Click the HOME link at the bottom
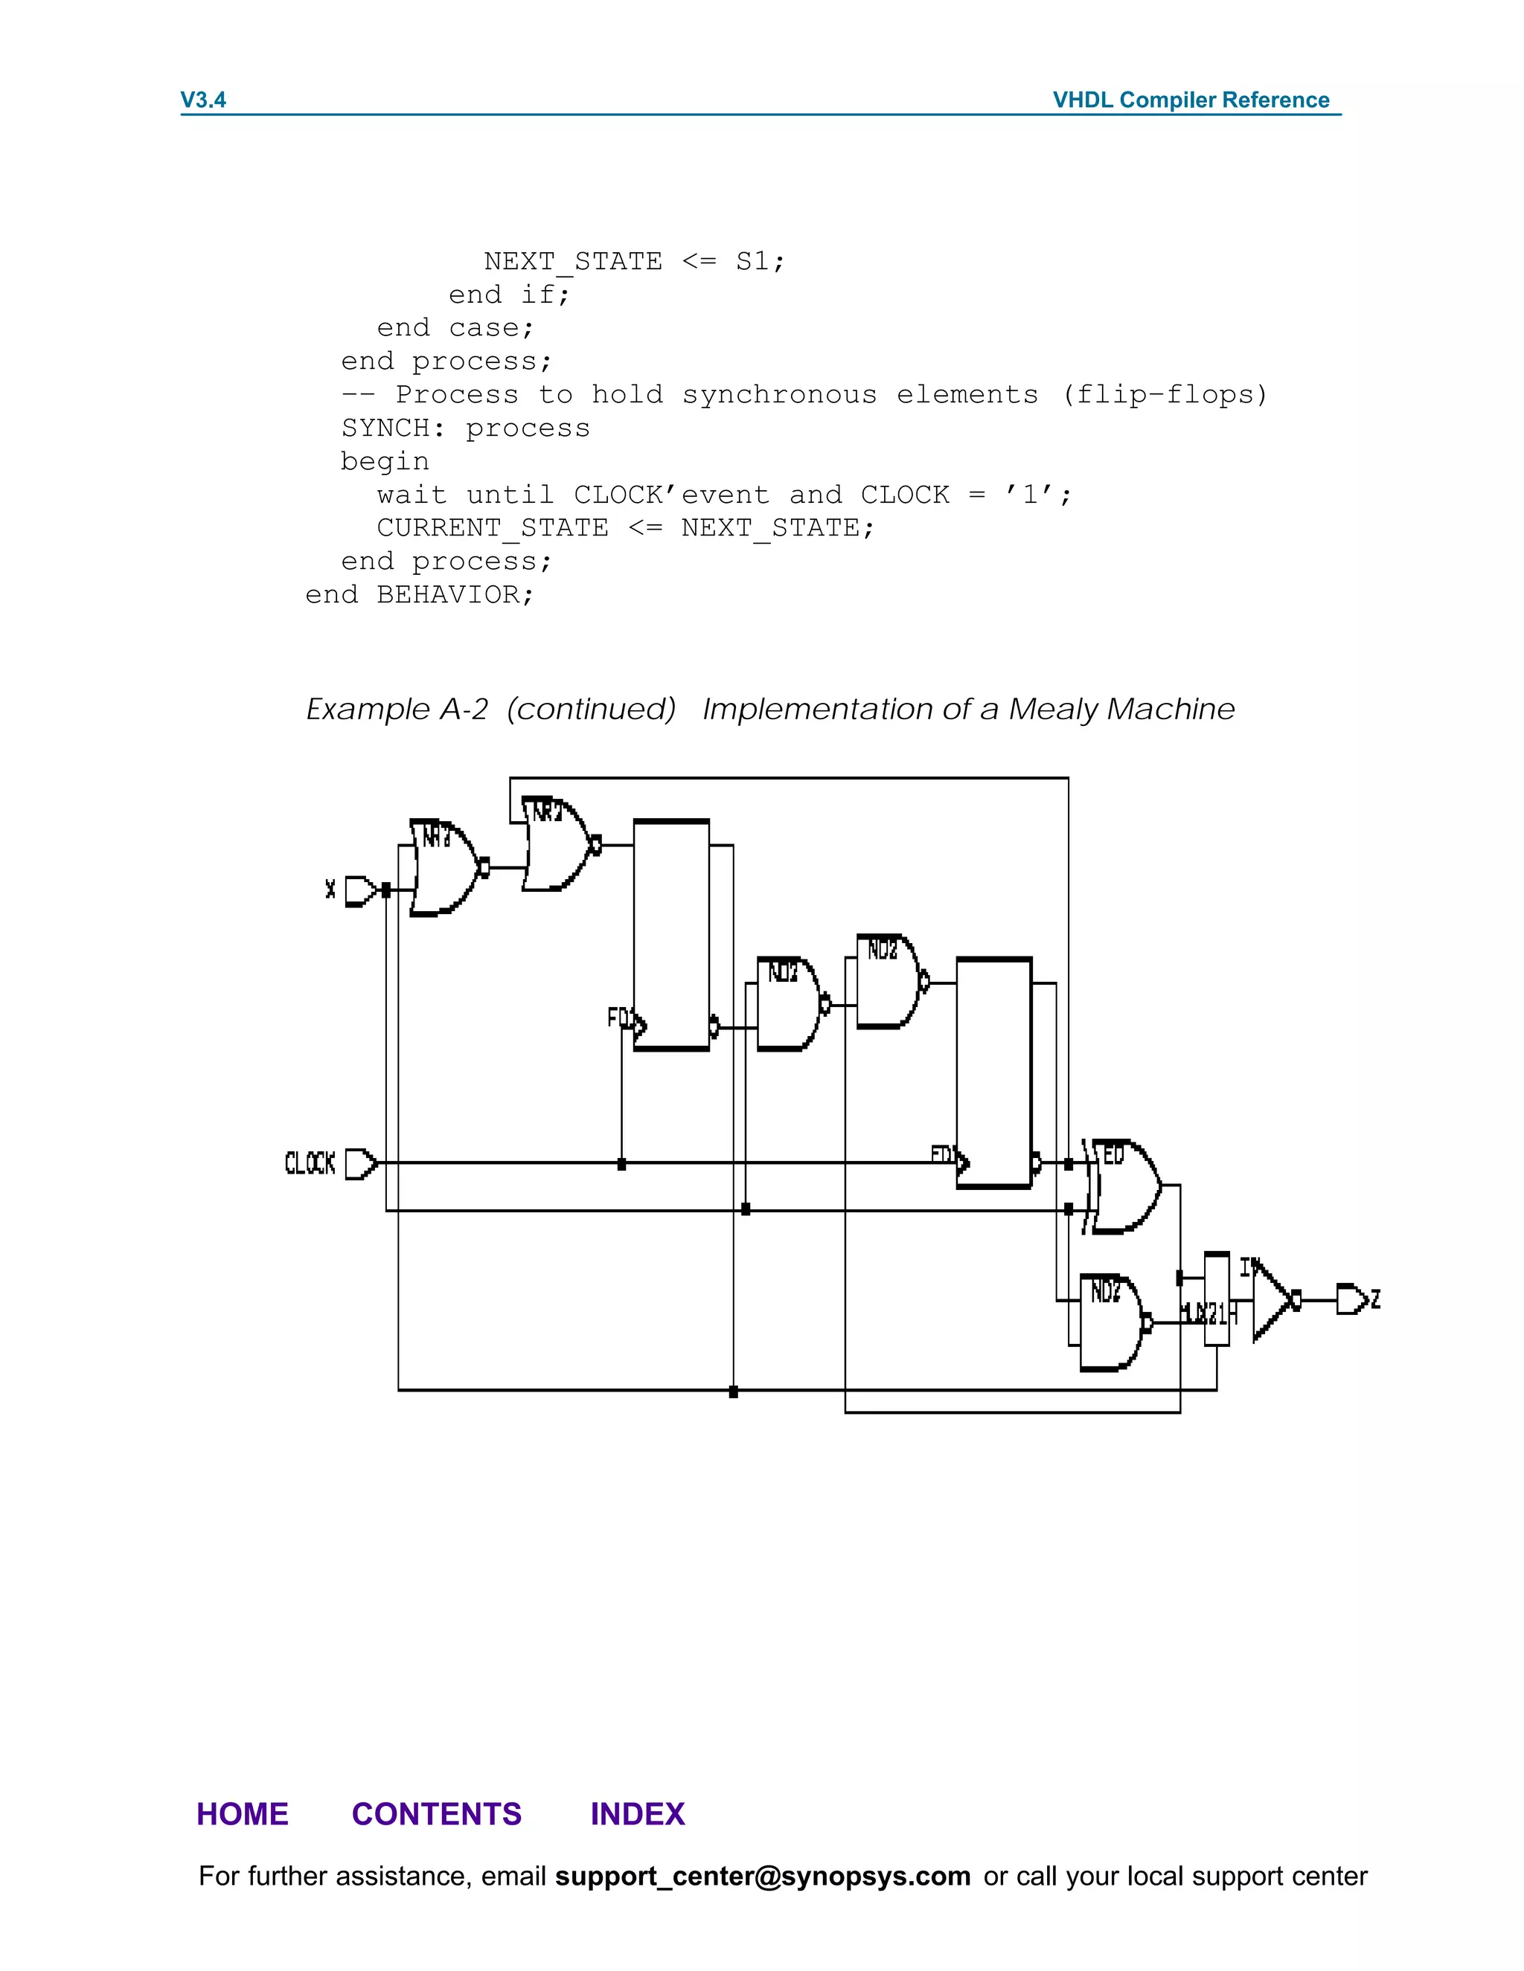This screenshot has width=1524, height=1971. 242,1814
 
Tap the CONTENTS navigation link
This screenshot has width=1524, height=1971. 436,1814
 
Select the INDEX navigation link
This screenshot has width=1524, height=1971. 638,1814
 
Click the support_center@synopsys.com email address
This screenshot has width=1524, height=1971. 762,1877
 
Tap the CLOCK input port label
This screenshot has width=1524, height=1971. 310,1163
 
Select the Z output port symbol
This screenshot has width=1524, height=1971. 1351,1299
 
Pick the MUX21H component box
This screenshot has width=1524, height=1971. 1216,1299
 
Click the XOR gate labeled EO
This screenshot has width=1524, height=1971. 1124,1186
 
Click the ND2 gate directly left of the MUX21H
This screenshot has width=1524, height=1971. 1110,1323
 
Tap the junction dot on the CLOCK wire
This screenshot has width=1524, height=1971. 621,1164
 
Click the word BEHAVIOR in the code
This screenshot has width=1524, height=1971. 448,595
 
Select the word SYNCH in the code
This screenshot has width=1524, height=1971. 385,428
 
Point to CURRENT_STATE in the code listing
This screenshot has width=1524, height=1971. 492,528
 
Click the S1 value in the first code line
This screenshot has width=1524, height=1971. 752,262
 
